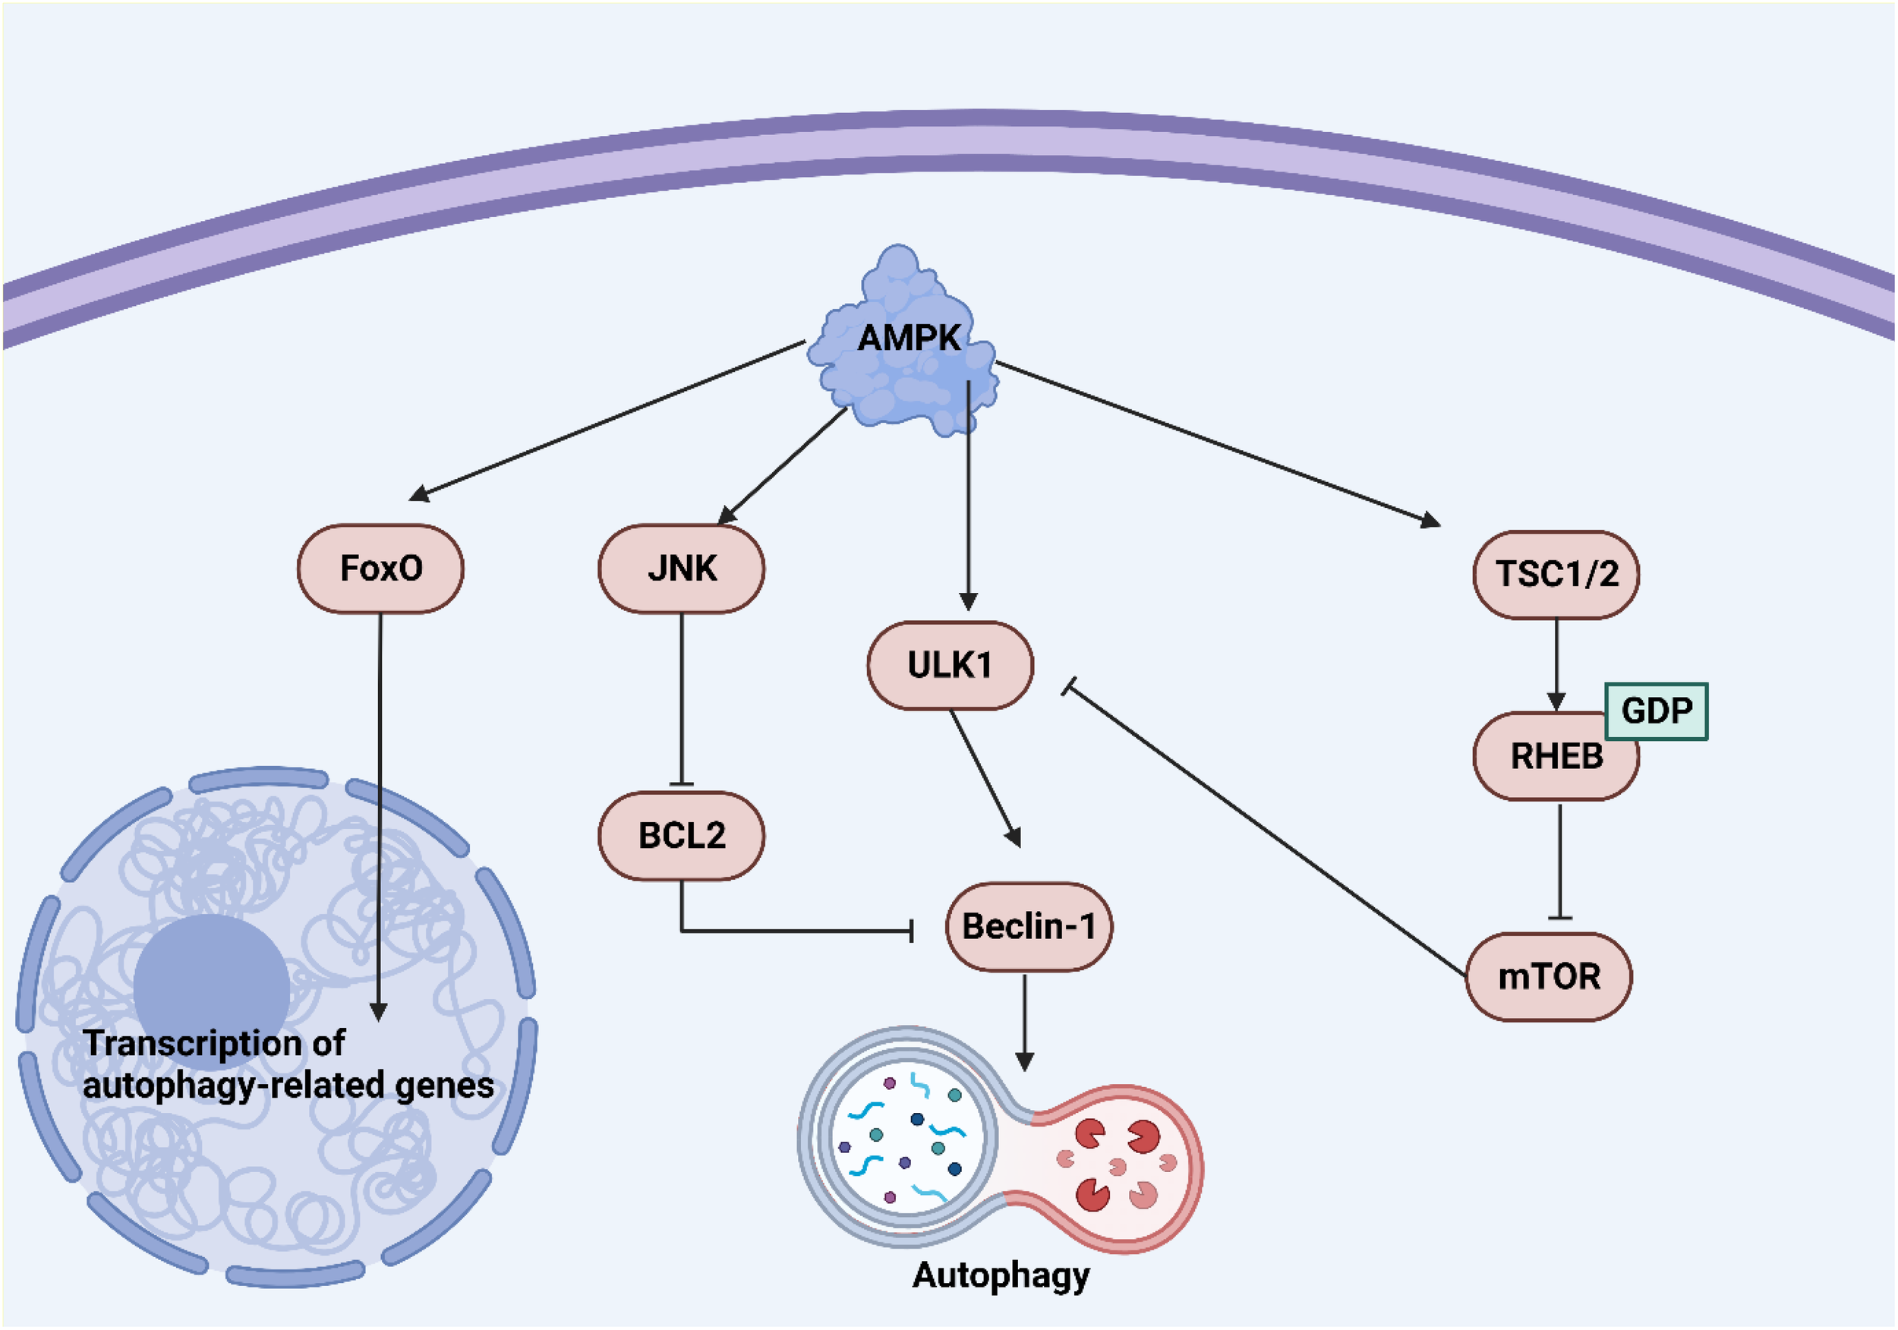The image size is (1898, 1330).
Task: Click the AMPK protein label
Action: [910, 337]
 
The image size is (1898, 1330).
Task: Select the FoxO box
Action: [380, 569]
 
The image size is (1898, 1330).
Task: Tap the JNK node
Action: [681, 569]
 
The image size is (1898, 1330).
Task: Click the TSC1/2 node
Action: [1556, 574]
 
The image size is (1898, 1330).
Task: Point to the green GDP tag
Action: [1656, 710]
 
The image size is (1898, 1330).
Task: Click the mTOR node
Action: [1548, 976]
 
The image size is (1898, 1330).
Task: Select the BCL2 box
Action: [681, 835]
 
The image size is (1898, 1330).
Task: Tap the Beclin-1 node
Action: [1029, 926]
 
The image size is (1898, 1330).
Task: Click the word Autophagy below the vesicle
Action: [1001, 1275]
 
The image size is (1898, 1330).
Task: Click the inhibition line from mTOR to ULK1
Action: [1265, 830]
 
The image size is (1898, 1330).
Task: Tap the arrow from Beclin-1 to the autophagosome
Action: [1024, 1021]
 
